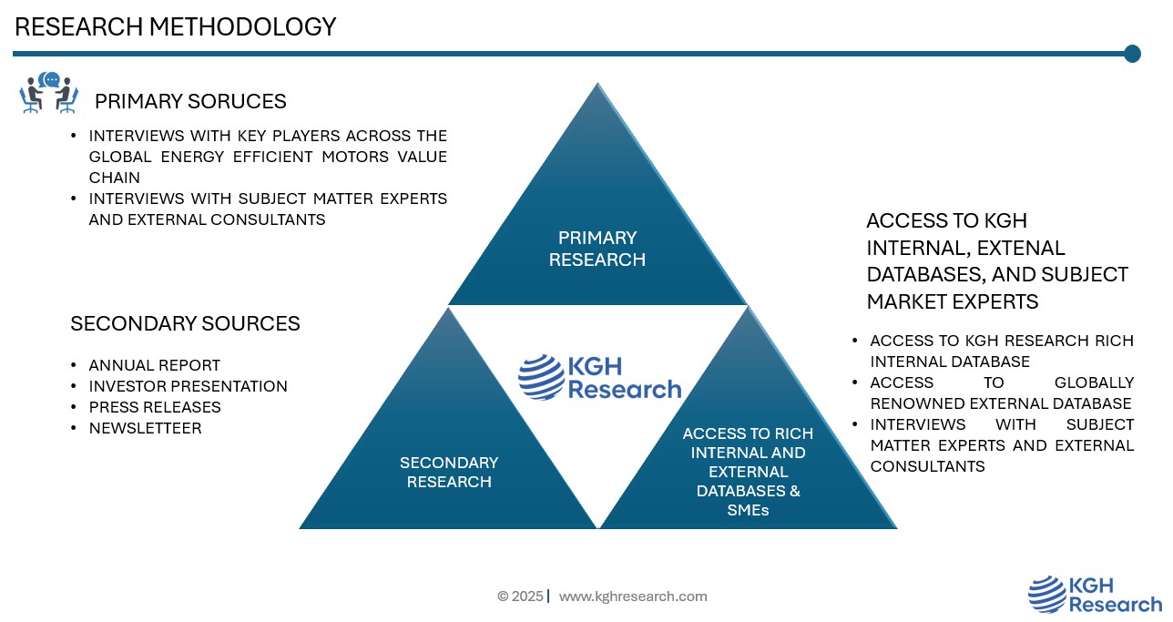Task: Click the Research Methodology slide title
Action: pyautogui.click(x=176, y=27)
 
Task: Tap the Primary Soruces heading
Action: pyautogui.click(x=190, y=101)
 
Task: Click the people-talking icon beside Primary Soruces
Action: pyautogui.click(x=49, y=94)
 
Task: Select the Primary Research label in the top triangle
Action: pyautogui.click(x=597, y=249)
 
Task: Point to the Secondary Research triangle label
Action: pyautogui.click(x=449, y=472)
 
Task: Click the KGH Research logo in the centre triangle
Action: pyautogui.click(x=599, y=377)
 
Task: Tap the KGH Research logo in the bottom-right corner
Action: pyautogui.click(x=1095, y=595)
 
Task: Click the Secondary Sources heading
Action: pyautogui.click(x=185, y=323)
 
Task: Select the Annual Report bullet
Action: pyautogui.click(x=154, y=365)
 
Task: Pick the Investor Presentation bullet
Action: pyautogui.click(x=188, y=386)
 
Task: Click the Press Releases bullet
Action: pyautogui.click(x=155, y=407)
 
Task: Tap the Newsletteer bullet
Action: pyautogui.click(x=145, y=428)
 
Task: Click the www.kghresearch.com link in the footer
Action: pyautogui.click(x=632, y=597)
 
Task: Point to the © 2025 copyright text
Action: pyautogui.click(x=520, y=597)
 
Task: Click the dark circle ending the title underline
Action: pyautogui.click(x=1132, y=54)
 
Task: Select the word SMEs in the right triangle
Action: pyautogui.click(x=748, y=510)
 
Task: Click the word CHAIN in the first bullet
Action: pyautogui.click(x=114, y=178)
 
